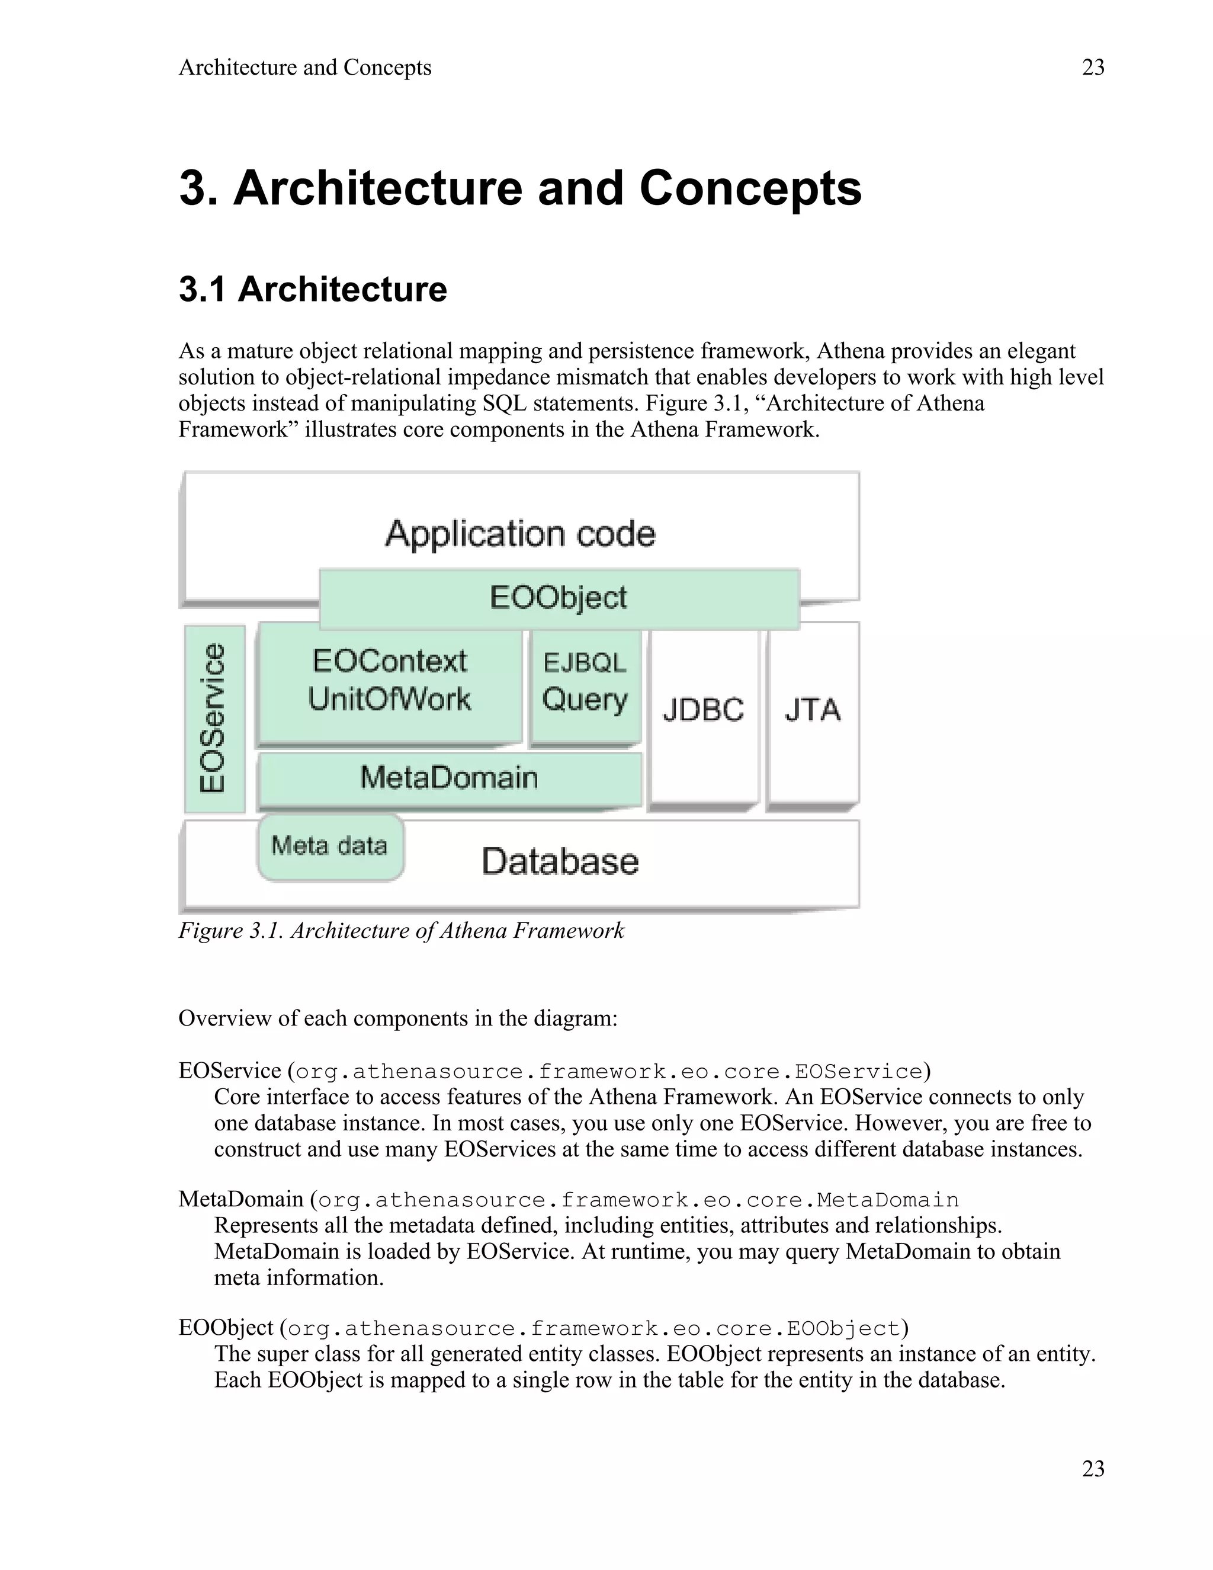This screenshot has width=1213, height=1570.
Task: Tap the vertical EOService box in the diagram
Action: [214, 719]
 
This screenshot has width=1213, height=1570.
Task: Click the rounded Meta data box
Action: [330, 846]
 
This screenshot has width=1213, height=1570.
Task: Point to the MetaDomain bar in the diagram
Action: [449, 778]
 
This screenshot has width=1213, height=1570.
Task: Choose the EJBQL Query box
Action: [585, 683]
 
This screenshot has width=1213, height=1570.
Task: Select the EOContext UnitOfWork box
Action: [390, 681]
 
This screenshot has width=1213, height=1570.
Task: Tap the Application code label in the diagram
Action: [520, 534]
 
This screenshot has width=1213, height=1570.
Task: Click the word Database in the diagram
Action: [560, 862]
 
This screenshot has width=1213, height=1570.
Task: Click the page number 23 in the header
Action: [1092, 68]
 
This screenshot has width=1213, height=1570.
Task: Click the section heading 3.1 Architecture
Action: [313, 290]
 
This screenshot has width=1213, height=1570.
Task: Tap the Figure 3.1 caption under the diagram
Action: [401, 931]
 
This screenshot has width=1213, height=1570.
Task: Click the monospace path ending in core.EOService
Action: [608, 1072]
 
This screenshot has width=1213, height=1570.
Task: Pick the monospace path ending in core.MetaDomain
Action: [638, 1200]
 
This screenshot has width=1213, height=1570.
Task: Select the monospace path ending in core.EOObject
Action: [593, 1328]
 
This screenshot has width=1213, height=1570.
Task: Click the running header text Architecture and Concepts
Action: [304, 68]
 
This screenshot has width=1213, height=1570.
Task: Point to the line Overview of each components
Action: [397, 1018]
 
